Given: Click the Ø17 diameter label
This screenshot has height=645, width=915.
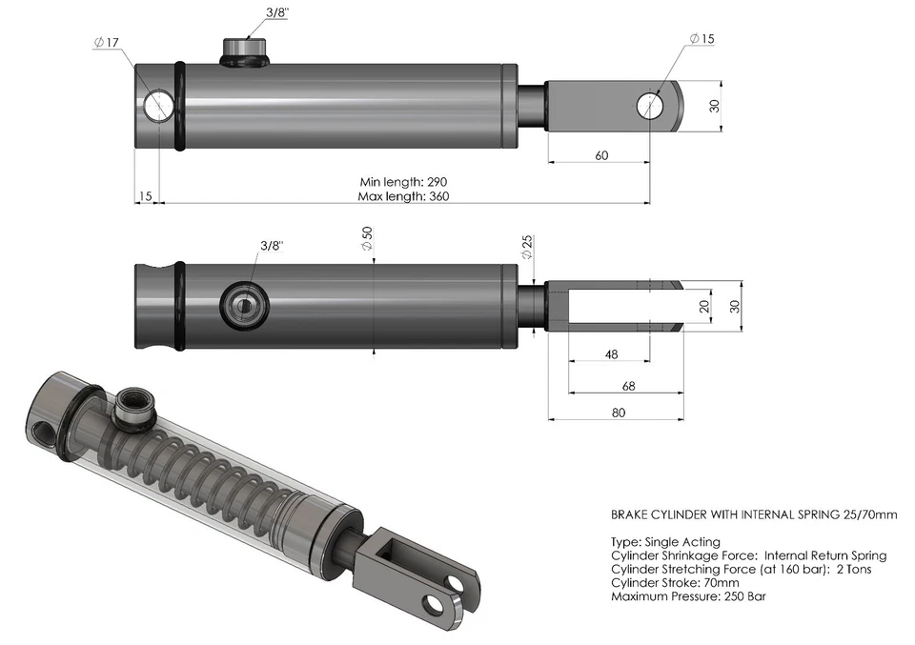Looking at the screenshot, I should pyautogui.click(x=106, y=43).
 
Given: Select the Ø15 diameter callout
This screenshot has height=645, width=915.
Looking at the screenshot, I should pyautogui.click(x=701, y=38).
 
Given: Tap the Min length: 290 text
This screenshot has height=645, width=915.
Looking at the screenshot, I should pyautogui.click(x=403, y=181).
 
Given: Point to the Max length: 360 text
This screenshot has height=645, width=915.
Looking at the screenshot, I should pyautogui.click(x=403, y=196).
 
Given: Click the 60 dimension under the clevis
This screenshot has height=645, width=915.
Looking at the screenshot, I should pyautogui.click(x=601, y=154).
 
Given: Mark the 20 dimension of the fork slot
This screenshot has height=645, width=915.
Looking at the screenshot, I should pyautogui.click(x=703, y=306).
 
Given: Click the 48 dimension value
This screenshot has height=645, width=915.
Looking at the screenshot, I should pyautogui.click(x=611, y=354).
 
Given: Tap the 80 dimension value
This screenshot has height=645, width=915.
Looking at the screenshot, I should pyautogui.click(x=619, y=412).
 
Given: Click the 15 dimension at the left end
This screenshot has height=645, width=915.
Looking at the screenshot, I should pyautogui.click(x=145, y=196).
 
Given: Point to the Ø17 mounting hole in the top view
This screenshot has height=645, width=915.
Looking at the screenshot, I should pyautogui.click(x=159, y=105).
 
